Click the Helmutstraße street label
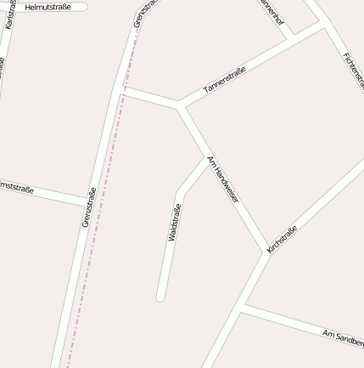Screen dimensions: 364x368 click(x=48, y=7)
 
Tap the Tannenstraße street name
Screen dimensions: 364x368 click(x=225, y=79)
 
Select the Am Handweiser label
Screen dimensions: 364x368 click(x=223, y=178)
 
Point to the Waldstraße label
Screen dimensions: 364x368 click(x=175, y=223)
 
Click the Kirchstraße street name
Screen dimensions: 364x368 click(x=283, y=239)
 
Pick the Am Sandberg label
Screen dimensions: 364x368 click(x=343, y=337)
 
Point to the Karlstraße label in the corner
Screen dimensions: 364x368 click(x=10, y=14)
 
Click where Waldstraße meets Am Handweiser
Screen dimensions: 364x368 click(x=206, y=158)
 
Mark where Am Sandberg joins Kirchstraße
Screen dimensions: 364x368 click(x=241, y=310)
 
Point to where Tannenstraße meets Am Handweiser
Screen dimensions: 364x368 click(x=179, y=107)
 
